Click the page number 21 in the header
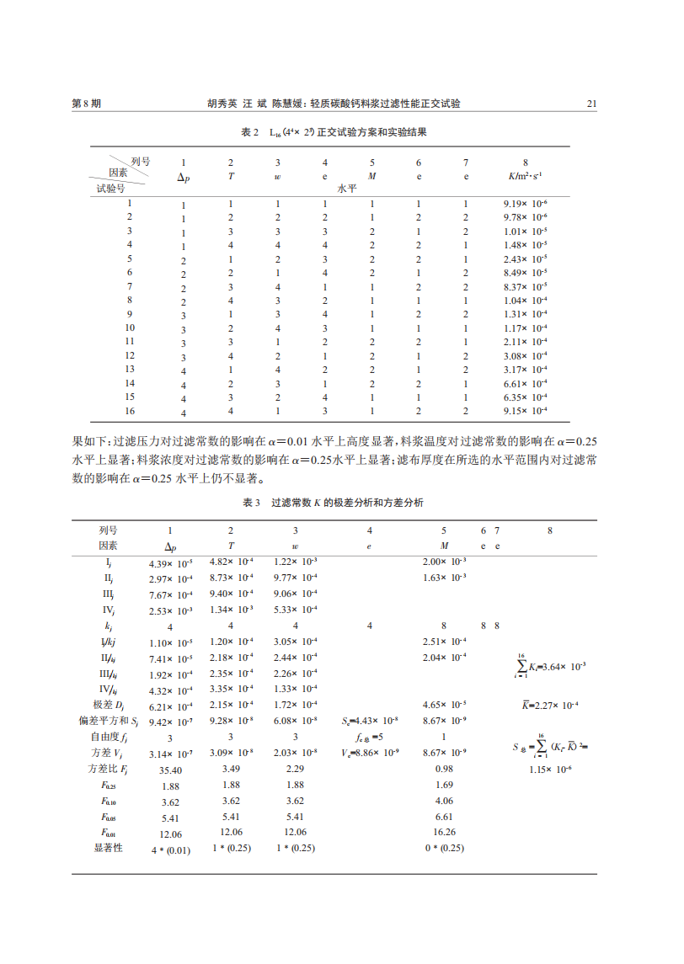[x=591, y=104]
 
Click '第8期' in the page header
[x=88, y=104]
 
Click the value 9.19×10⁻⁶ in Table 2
[x=526, y=204]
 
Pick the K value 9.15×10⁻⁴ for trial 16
[x=526, y=411]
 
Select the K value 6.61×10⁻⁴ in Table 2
[x=526, y=383]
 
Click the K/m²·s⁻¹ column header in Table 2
[x=526, y=176]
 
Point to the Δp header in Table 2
[x=183, y=177]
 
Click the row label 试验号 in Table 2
[x=110, y=188]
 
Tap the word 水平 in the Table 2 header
[x=348, y=189]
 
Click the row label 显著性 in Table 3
[x=108, y=848]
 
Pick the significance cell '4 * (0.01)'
[x=170, y=849]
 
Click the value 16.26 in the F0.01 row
[x=444, y=832]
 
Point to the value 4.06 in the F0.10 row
[x=444, y=801]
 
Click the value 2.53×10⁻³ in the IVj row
[x=170, y=610]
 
